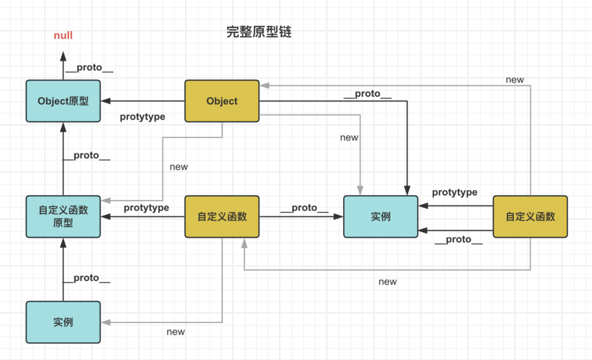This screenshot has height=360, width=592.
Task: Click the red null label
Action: point(63,36)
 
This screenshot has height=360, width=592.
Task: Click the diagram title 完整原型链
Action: point(259,32)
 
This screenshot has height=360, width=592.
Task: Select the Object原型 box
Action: point(63,101)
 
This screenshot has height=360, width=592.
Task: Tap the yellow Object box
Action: point(222,101)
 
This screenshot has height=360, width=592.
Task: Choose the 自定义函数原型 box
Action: point(63,217)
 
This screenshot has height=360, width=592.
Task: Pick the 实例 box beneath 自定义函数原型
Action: point(63,322)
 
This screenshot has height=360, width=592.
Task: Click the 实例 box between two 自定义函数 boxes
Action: point(380,217)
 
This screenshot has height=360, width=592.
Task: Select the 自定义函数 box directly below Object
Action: point(222,217)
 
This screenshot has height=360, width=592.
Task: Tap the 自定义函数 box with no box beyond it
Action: point(530,217)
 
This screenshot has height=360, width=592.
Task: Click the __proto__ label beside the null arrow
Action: point(89,68)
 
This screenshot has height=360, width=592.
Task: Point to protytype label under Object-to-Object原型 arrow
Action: point(142,117)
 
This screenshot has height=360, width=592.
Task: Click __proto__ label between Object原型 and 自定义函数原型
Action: point(86,155)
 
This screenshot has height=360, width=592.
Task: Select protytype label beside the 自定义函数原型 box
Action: point(146,207)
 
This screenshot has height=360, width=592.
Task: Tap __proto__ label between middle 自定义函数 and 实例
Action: point(304,207)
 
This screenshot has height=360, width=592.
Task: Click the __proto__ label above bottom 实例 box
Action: point(86,278)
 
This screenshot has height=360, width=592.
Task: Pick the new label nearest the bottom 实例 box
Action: point(176,332)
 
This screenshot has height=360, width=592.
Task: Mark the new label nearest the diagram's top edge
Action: point(515,80)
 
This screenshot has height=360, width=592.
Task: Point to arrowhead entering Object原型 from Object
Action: point(105,101)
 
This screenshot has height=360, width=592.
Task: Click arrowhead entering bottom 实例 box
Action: point(105,322)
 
